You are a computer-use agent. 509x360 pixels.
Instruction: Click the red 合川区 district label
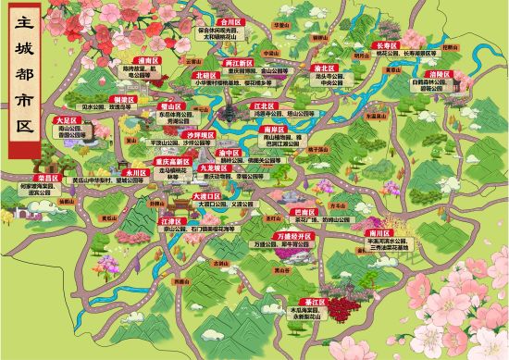(229, 18)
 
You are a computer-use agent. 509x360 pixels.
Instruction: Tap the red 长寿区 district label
(386, 44)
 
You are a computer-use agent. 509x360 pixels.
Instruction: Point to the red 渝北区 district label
(323, 68)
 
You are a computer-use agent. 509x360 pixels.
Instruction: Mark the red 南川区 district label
(402, 233)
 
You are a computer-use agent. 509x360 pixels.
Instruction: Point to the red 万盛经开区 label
(296, 237)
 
